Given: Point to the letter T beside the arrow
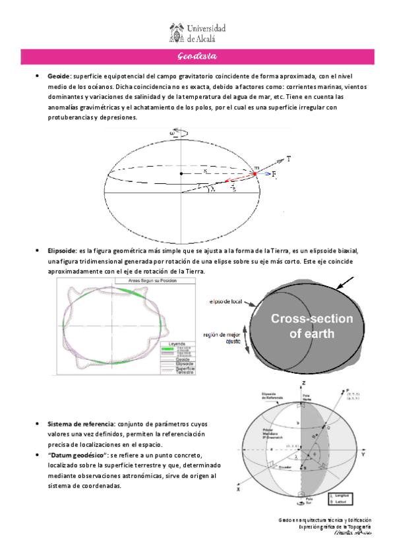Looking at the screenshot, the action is click(x=289, y=159).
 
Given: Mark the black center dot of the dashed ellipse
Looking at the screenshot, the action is click(x=181, y=173).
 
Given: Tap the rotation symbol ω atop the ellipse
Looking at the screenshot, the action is click(x=173, y=132).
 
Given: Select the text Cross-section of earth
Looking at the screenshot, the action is click(x=313, y=326).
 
